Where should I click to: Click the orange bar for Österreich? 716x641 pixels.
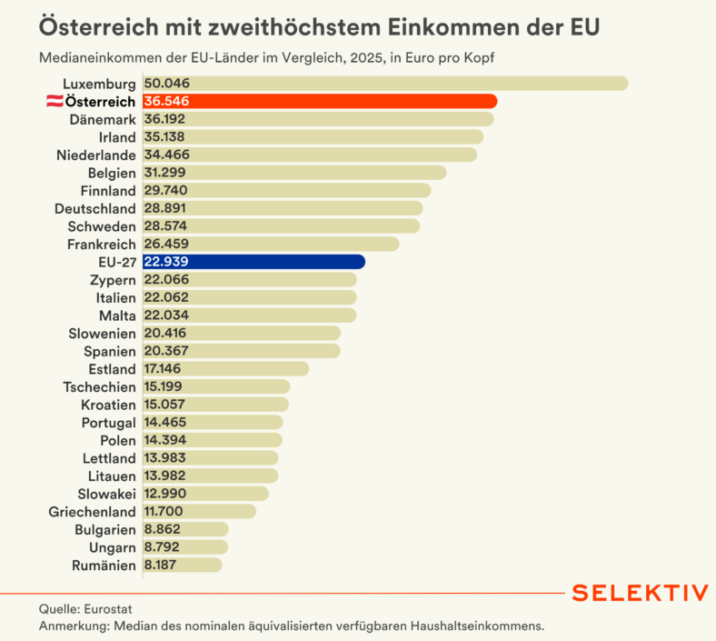[x=320, y=101]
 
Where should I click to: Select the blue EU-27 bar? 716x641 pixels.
[x=254, y=262]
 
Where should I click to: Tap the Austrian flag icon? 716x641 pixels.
[x=55, y=101]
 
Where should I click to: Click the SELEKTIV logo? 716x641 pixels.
[x=641, y=593]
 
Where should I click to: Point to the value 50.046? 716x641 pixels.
[x=166, y=83]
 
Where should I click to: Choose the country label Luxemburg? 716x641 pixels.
[x=99, y=84]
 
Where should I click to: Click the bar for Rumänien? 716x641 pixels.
[x=183, y=565]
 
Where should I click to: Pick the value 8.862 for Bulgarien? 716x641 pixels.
[x=162, y=529]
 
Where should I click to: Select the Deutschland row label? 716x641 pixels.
[x=95, y=208]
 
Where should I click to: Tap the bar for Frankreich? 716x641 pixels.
[x=272, y=244]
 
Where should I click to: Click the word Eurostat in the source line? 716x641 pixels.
[x=108, y=609]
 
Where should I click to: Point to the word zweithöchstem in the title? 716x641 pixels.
[x=295, y=27]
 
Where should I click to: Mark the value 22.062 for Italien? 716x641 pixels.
[x=166, y=297]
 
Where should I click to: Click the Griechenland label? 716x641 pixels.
[x=93, y=512]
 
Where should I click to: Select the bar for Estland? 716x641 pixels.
[x=226, y=369]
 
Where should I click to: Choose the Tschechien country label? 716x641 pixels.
[x=99, y=387]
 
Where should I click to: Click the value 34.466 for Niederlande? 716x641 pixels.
[x=166, y=155]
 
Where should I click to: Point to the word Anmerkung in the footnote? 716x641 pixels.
[x=75, y=626]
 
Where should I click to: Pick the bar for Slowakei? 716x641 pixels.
[x=206, y=494]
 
